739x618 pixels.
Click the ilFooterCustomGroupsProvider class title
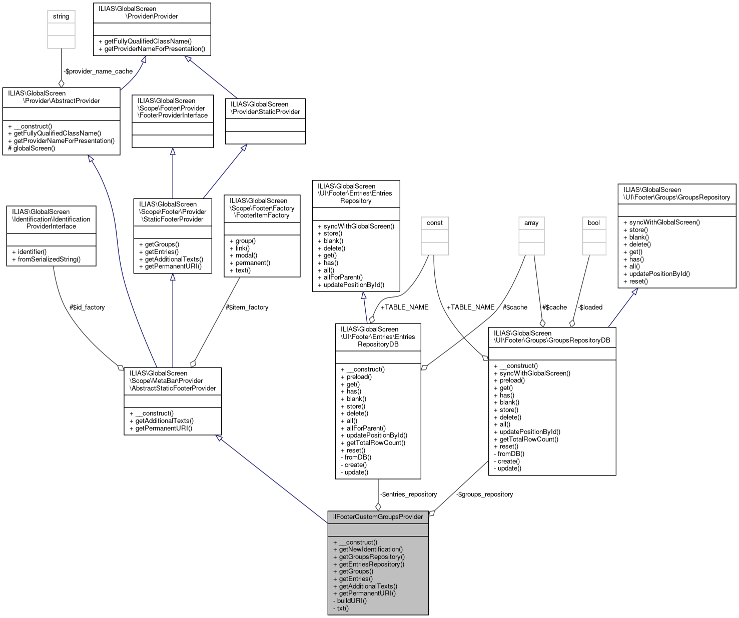[378, 516]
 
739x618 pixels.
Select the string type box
[61, 16]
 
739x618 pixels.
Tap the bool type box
[593, 223]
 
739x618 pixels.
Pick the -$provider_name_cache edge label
[99, 71]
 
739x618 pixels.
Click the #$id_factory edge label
[87, 307]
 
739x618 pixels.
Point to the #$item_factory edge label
[247, 307]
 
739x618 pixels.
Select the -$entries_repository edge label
[408, 494]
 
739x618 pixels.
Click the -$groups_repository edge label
[484, 494]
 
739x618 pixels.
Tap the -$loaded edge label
[590, 307]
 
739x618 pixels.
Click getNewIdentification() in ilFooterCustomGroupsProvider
[370, 549]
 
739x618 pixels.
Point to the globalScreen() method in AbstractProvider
[34, 148]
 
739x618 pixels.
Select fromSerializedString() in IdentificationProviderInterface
[49, 259]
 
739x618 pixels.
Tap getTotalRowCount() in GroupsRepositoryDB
[529, 439]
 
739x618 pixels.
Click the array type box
[531, 223]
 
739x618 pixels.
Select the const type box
[434, 223]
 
